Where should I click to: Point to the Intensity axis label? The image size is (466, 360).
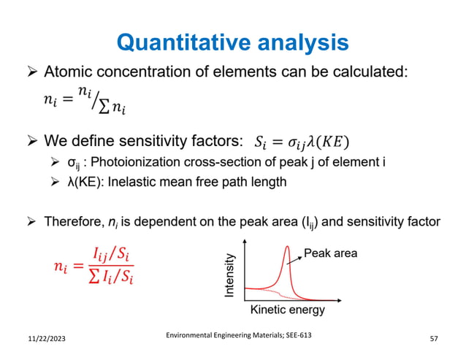click(x=231, y=275)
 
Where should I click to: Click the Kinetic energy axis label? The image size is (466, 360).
click(x=287, y=310)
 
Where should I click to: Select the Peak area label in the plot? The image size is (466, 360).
click(x=331, y=253)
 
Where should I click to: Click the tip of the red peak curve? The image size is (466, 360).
click(x=289, y=247)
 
